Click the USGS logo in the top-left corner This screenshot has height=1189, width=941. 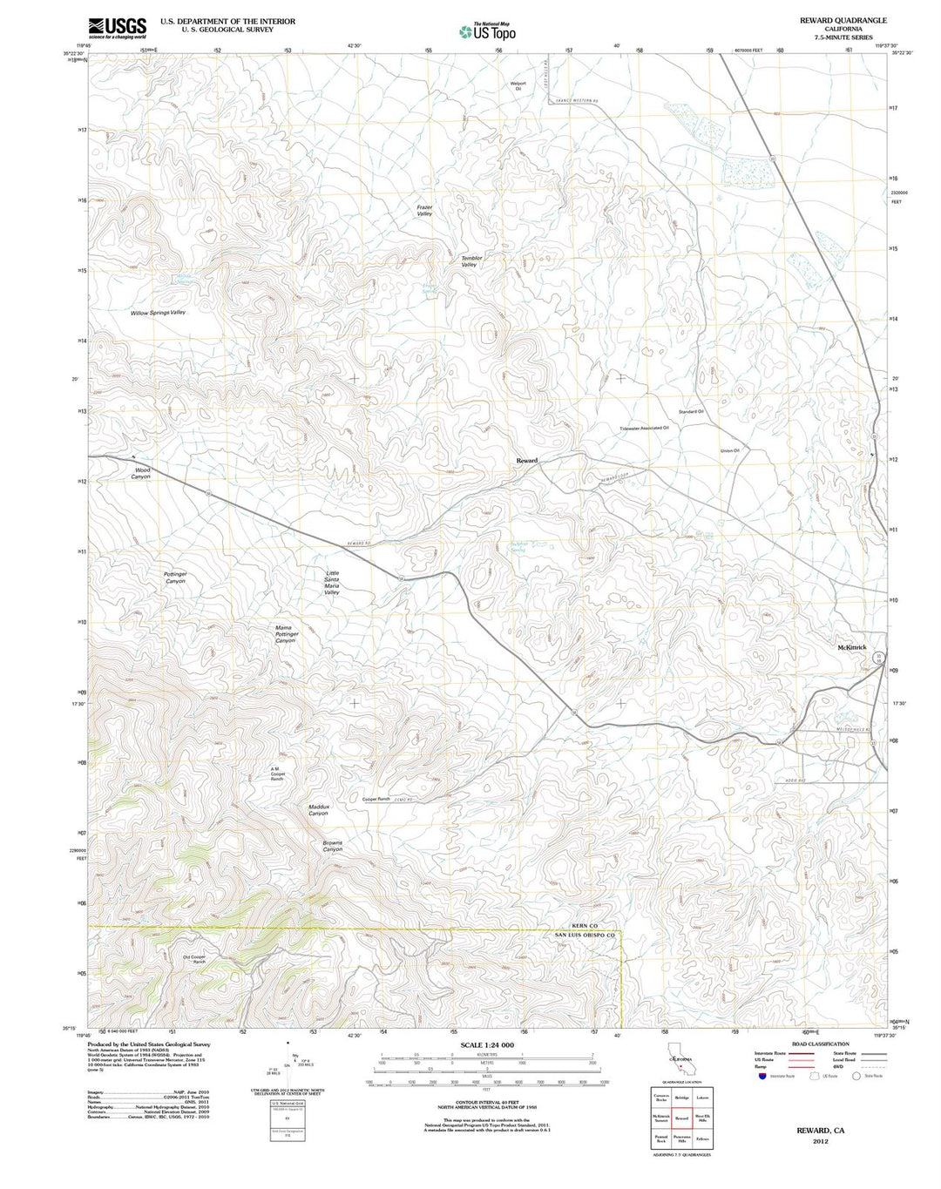click(x=117, y=28)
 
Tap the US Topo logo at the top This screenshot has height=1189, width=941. click(x=487, y=31)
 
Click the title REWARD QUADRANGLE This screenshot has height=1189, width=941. click(x=843, y=20)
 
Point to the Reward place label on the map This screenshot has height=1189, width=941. click(x=526, y=460)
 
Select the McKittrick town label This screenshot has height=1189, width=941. click(x=851, y=647)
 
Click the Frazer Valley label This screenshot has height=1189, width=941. click(x=424, y=210)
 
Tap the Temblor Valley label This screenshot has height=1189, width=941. click(x=471, y=261)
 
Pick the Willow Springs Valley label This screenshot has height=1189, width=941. click(x=158, y=312)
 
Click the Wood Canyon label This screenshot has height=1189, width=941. click(x=141, y=473)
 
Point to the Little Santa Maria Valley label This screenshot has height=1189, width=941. click(x=332, y=583)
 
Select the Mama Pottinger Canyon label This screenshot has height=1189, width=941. click(x=286, y=633)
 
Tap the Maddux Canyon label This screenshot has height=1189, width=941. click(x=318, y=810)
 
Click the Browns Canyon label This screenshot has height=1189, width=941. click(x=332, y=846)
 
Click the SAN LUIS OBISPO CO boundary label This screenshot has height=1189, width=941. click(x=586, y=935)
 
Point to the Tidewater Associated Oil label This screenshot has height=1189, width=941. click(x=644, y=428)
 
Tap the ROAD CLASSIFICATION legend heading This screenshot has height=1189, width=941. click(x=820, y=1044)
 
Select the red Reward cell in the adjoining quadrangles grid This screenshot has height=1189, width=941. click(x=681, y=1118)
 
